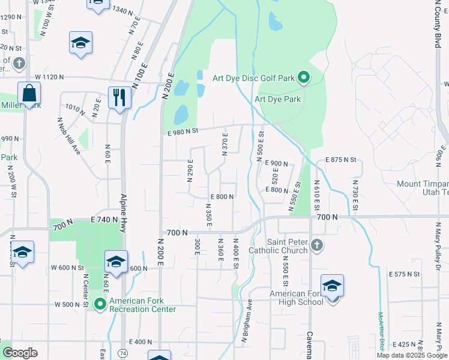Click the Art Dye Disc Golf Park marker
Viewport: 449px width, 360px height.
click(304, 77)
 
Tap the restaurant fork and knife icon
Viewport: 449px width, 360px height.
click(119, 97)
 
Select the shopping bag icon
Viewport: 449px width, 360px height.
click(29, 94)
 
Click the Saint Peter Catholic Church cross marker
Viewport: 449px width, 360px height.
click(318, 245)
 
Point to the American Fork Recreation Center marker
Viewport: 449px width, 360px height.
click(100, 304)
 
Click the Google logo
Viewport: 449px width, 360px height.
click(20, 353)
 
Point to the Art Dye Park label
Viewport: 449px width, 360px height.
click(277, 99)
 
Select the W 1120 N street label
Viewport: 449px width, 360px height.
click(55, 77)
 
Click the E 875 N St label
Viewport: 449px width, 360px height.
click(341, 160)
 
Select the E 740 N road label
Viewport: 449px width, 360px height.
click(106, 220)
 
